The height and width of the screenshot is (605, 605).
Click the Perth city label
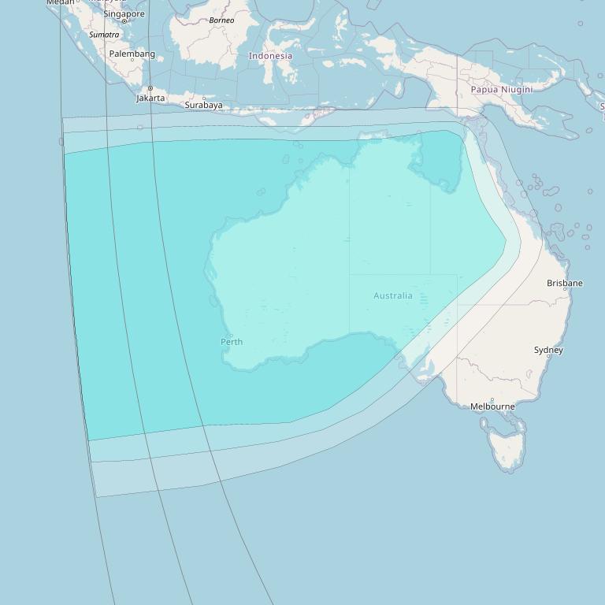[232, 342]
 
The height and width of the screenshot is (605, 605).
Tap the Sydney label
[548, 350]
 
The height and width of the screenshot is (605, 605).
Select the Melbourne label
[492, 406]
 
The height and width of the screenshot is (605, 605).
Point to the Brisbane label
[565, 283]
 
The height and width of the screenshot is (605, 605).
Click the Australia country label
[392, 295]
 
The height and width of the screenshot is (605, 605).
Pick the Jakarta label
[150, 98]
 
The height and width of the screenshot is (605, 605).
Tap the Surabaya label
[203, 105]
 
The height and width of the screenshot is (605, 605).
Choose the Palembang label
[132, 54]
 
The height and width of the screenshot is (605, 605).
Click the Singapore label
[124, 13]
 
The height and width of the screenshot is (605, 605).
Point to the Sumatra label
[104, 35]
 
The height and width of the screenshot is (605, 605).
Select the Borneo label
[221, 20]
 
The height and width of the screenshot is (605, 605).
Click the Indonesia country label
[270, 56]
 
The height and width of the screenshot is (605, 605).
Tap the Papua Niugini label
[501, 89]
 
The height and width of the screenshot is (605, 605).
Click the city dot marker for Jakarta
[150, 88]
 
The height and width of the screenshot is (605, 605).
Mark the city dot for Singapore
[124, 21]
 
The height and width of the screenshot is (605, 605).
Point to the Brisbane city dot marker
[565, 290]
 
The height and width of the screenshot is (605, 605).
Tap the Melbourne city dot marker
[492, 399]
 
